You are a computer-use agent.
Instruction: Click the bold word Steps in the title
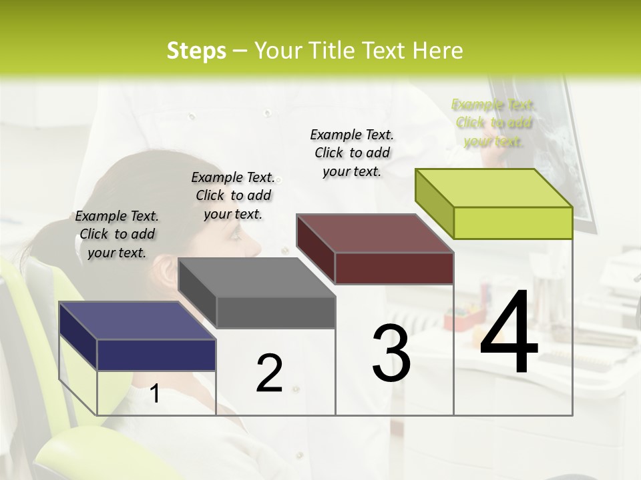[196, 51]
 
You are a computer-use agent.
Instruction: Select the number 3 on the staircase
[391, 353]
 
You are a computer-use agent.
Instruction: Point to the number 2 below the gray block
[269, 373]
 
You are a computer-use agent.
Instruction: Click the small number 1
[154, 393]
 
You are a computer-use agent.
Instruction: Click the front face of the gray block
[276, 312]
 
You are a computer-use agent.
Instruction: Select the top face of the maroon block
[375, 233]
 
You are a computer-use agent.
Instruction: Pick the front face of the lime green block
[513, 223]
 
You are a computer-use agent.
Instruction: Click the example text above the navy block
[117, 234]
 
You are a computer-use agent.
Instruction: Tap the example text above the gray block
[233, 195]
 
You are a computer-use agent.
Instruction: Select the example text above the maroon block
[352, 153]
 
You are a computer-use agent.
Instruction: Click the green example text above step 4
[493, 123]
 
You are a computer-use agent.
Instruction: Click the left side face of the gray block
[197, 293]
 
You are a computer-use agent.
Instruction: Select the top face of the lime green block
[493, 187]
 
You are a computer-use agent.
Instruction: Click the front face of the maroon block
[394, 268]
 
